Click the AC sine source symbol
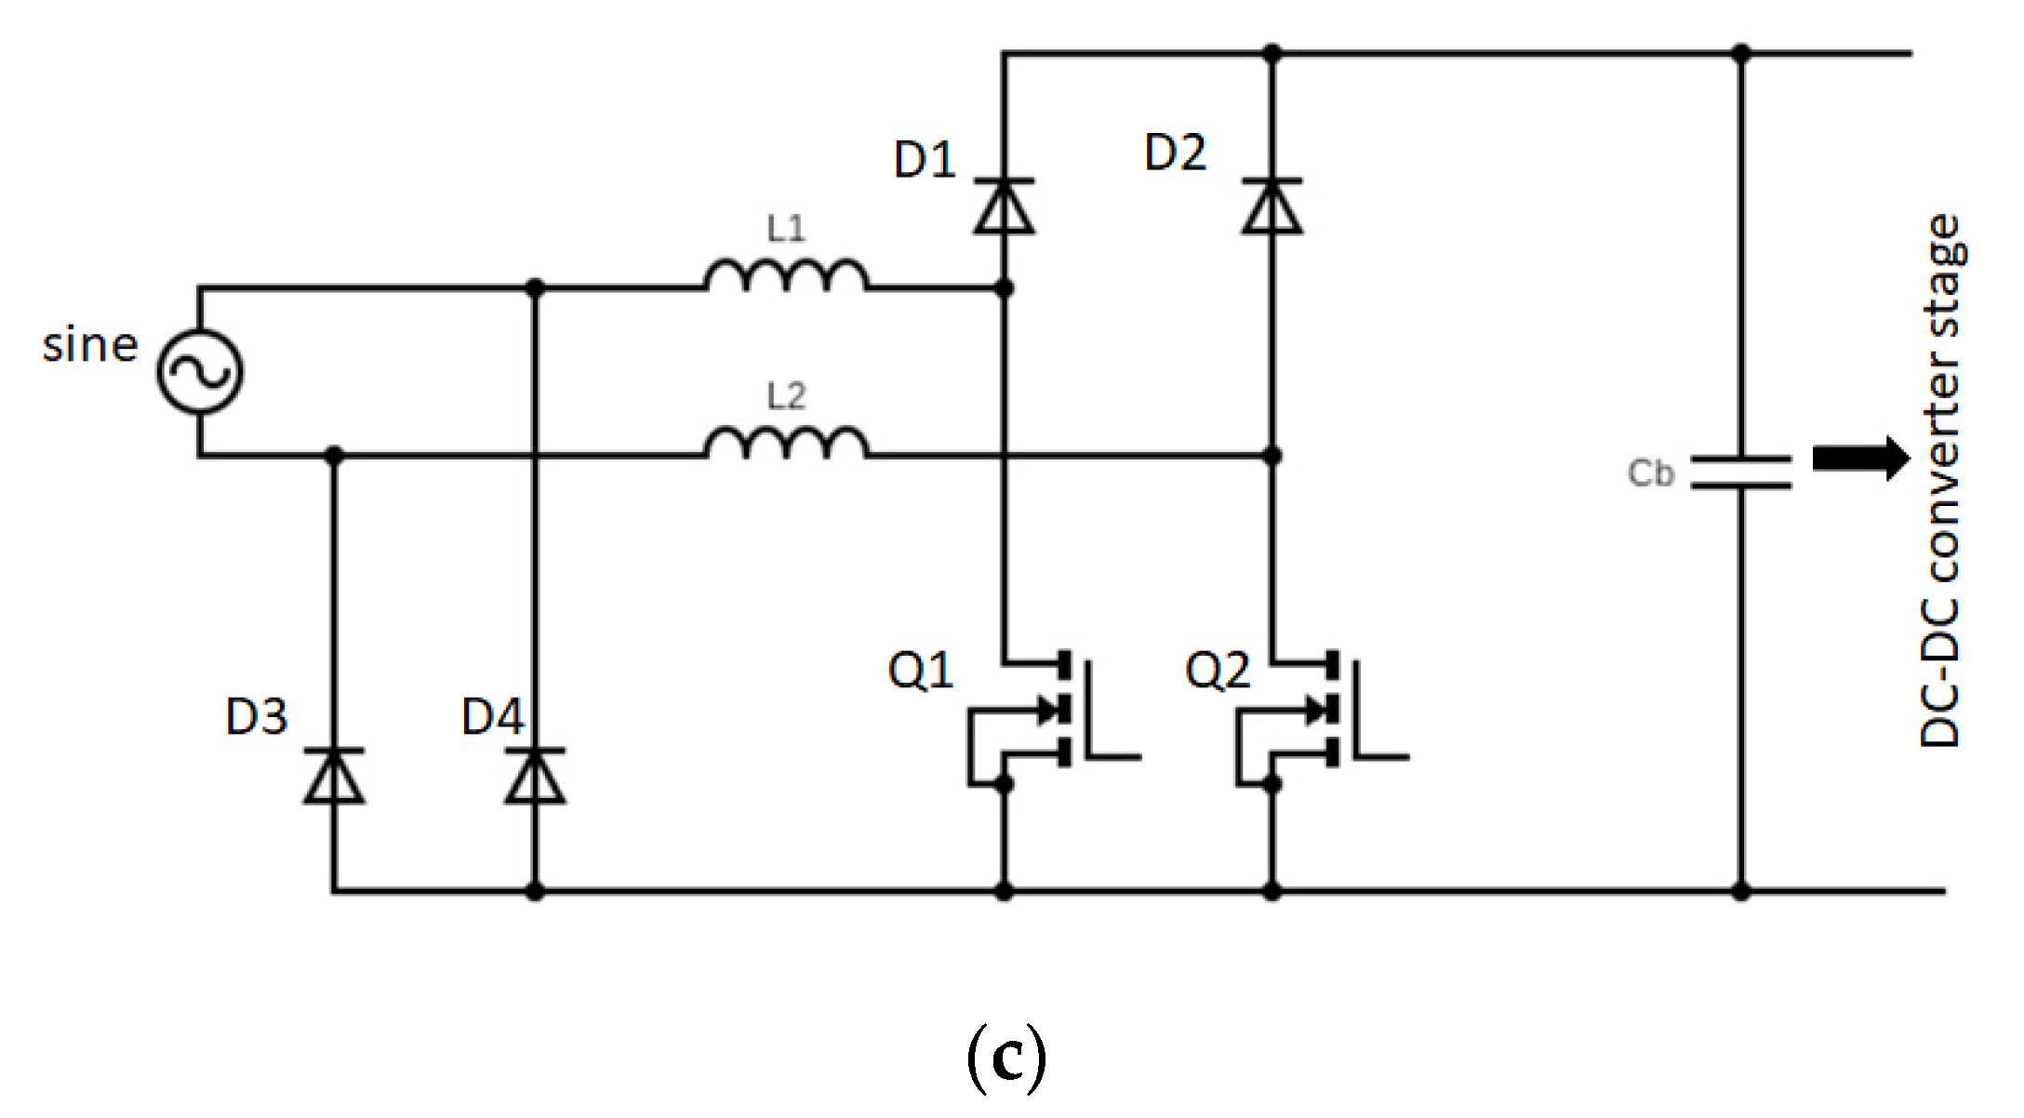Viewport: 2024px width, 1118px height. [x=200, y=371]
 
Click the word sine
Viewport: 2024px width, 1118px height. [x=90, y=345]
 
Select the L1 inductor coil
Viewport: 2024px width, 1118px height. [x=786, y=276]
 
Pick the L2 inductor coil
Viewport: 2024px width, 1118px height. [x=786, y=443]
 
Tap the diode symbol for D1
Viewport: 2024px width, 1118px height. [x=1004, y=206]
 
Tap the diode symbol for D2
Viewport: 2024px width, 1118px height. [x=1272, y=206]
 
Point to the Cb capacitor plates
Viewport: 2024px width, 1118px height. [x=1740, y=472]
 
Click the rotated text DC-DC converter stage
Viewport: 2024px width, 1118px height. [x=1941, y=481]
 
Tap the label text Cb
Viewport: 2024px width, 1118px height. [x=1650, y=473]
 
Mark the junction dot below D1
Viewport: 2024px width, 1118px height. [x=1004, y=288]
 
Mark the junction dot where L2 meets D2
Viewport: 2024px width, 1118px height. [x=1272, y=456]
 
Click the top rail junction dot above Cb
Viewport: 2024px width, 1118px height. [x=1741, y=53]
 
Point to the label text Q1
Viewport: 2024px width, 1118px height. [x=921, y=671]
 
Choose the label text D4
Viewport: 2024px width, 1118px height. [x=493, y=717]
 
